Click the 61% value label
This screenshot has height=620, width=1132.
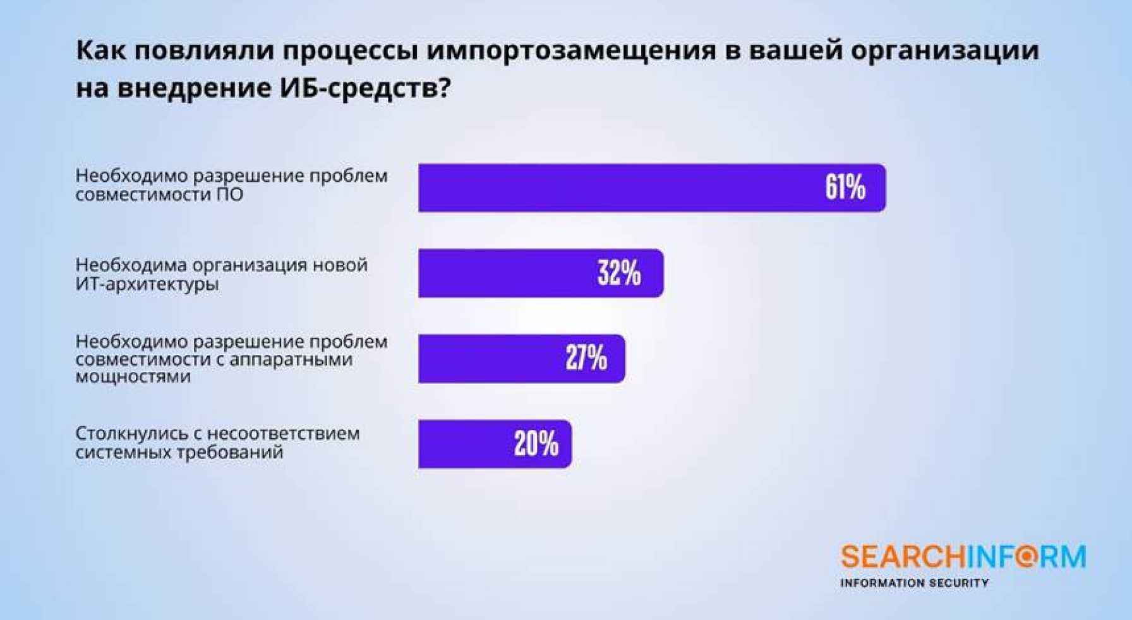pyautogui.click(x=845, y=188)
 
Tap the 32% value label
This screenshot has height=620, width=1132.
pyautogui.click(x=619, y=273)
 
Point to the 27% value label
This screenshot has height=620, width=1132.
pyautogui.click(x=586, y=358)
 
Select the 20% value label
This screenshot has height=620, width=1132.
pyautogui.click(x=536, y=443)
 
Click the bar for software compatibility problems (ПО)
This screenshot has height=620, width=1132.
pyautogui.click(x=652, y=188)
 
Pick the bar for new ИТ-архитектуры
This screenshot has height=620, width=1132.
pyautogui.click(x=541, y=273)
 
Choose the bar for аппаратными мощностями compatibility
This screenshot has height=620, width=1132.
pyautogui.click(x=522, y=358)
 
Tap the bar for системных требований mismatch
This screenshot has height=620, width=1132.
pyautogui.click(x=495, y=443)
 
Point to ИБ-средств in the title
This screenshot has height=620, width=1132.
pyautogui.click(x=365, y=87)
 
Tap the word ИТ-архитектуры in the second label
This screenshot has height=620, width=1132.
pyautogui.click(x=147, y=284)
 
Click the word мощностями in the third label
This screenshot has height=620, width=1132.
pyautogui.click(x=133, y=377)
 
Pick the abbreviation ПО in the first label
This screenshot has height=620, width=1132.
pyautogui.click(x=230, y=194)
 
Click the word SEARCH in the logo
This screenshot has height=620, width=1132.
pyautogui.click(x=903, y=557)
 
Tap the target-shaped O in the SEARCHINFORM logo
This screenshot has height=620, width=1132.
pyautogui.click(x=1027, y=557)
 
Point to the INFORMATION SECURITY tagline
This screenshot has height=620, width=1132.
pyautogui.click(x=914, y=583)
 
